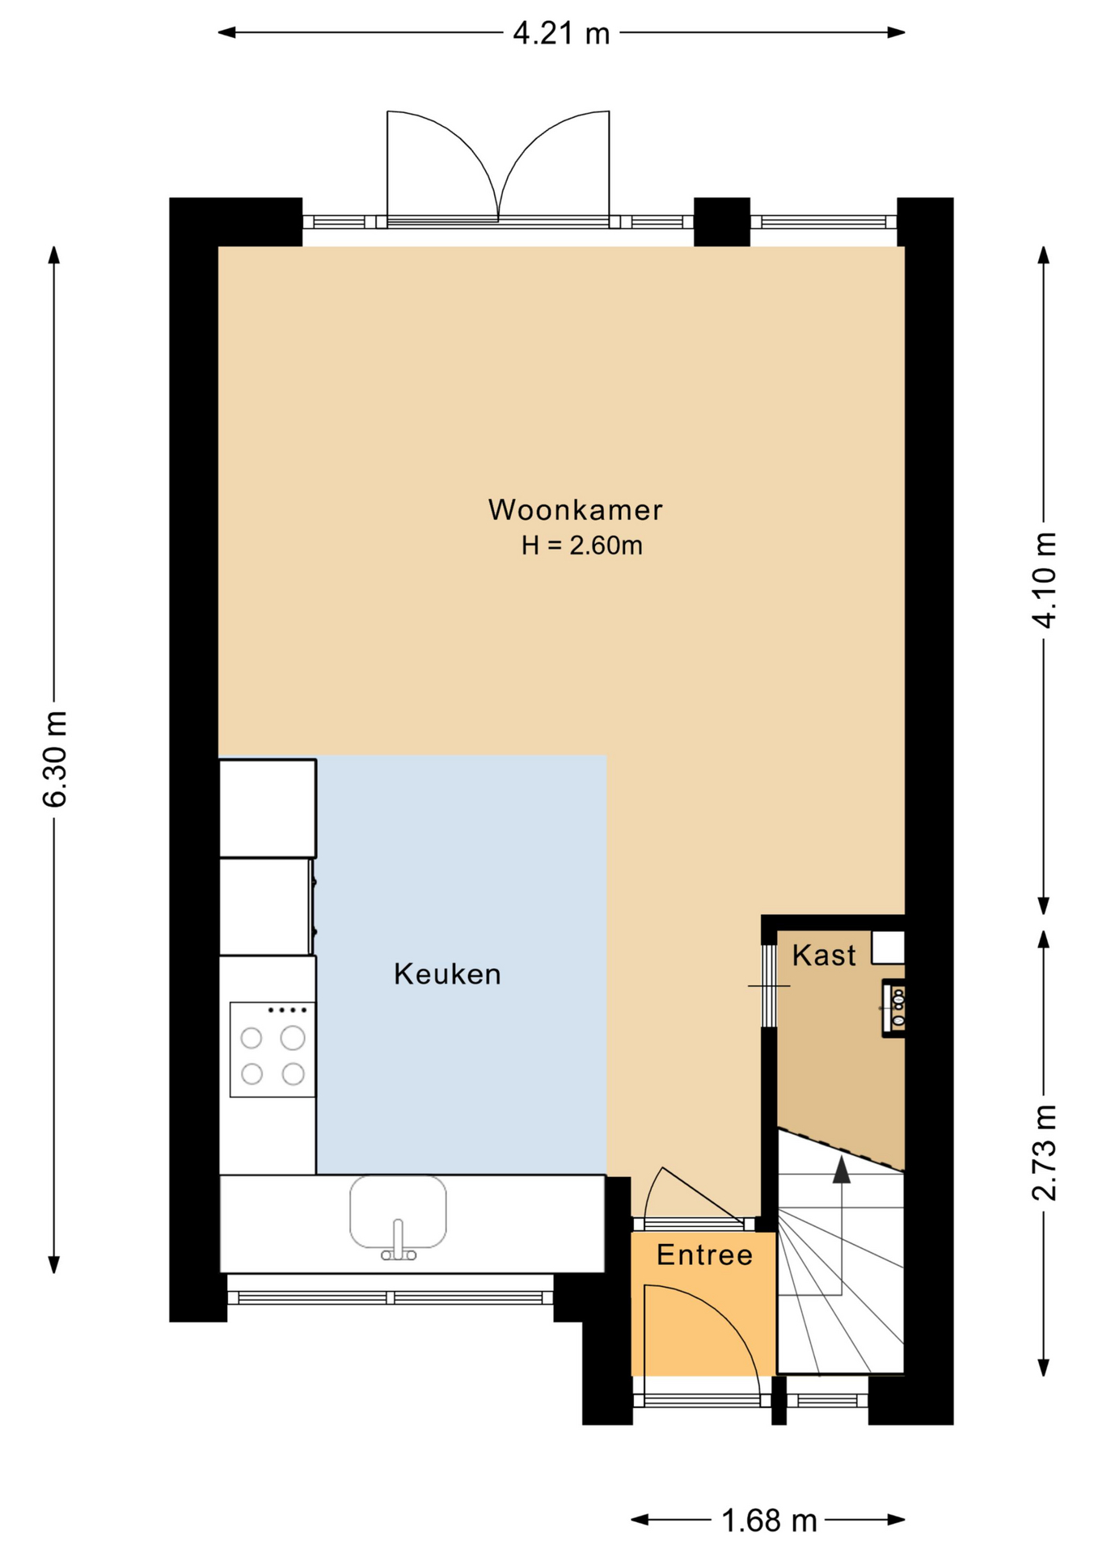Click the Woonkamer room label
pyautogui.click(x=575, y=510)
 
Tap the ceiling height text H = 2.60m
pyautogui.click(x=581, y=546)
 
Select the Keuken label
pyautogui.click(x=447, y=974)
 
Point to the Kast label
pyautogui.click(x=823, y=955)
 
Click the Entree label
pyautogui.click(x=704, y=1255)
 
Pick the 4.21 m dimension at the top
pyautogui.click(x=561, y=33)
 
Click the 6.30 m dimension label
pyautogui.click(x=55, y=759)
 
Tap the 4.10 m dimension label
pyautogui.click(x=1044, y=580)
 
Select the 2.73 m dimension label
pyautogui.click(x=1044, y=1153)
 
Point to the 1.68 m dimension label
pyautogui.click(x=769, y=1521)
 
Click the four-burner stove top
pyautogui.click(x=272, y=1049)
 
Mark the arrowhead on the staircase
pyautogui.click(x=842, y=1170)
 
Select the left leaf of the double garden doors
pyautogui.click(x=442, y=165)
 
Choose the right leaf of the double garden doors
pyautogui.click(x=554, y=165)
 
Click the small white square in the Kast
pyautogui.click(x=888, y=947)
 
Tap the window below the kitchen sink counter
pyautogui.click(x=391, y=1297)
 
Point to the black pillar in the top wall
pyautogui.click(x=722, y=221)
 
